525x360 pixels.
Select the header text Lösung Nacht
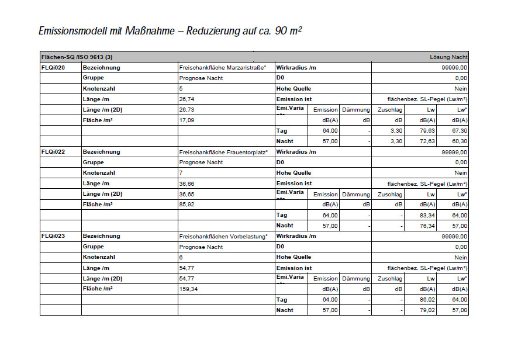(448, 57)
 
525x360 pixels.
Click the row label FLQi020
(53, 68)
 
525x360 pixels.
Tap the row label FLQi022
(53, 152)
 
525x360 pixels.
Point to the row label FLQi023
(53, 236)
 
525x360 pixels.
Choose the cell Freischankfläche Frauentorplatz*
(223, 152)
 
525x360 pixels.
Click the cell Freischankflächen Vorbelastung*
(223, 236)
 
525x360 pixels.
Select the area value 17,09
(187, 120)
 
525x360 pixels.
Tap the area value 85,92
(187, 205)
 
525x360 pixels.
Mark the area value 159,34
(189, 289)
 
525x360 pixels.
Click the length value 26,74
(187, 99)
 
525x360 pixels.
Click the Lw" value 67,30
(460, 131)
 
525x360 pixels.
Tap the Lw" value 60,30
(460, 141)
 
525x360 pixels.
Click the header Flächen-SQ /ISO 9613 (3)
(77, 57)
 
